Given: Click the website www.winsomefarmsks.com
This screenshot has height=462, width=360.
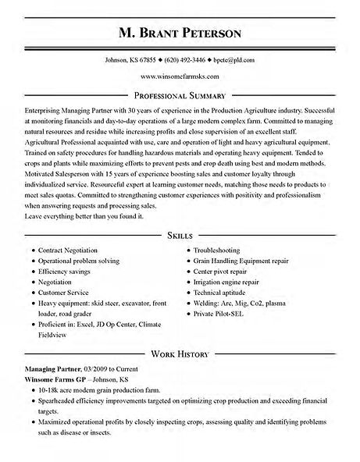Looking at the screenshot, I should (180, 76).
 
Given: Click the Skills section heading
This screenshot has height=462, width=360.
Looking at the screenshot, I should (180, 234).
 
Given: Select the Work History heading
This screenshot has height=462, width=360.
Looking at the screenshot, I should (180, 354).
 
